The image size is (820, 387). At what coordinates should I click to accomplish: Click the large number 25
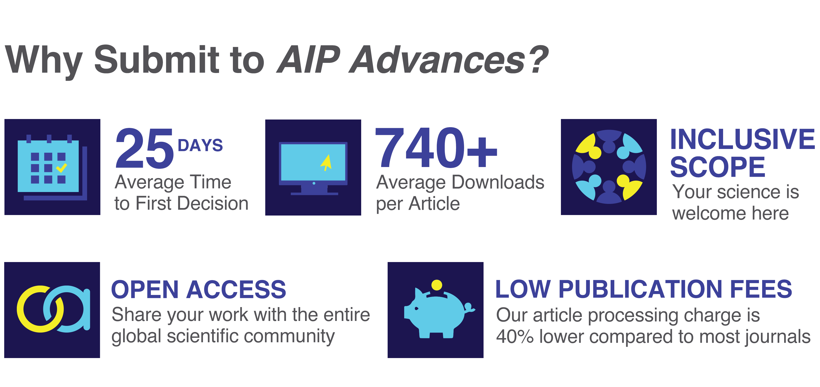pyautogui.click(x=145, y=148)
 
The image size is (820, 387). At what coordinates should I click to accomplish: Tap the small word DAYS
pyautogui.click(x=200, y=145)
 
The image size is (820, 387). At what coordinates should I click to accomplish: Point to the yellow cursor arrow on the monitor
pyautogui.click(x=326, y=162)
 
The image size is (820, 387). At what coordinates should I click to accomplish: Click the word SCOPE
pyautogui.click(x=717, y=167)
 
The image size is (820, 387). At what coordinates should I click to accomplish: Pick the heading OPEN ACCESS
pyautogui.click(x=199, y=290)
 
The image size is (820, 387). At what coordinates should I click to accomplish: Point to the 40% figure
pyautogui.click(x=515, y=337)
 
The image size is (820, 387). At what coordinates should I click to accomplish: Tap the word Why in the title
pyautogui.click(x=44, y=60)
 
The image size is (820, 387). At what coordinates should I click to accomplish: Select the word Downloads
pyautogui.click(x=498, y=183)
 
